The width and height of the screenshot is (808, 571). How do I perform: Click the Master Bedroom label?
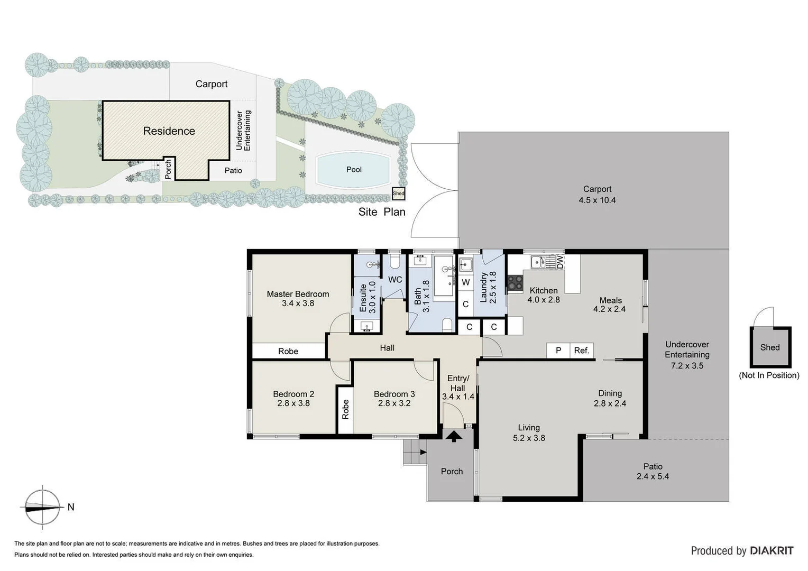tap(298, 294)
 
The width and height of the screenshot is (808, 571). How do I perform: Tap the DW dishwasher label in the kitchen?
tap(560, 262)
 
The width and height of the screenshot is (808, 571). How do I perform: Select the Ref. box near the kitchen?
tap(582, 350)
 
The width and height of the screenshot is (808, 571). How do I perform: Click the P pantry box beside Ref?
tap(558, 350)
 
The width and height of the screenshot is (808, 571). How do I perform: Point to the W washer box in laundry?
tap(465, 282)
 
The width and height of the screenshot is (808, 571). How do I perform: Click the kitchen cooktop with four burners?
tap(515, 283)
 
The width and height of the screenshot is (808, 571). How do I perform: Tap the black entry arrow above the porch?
tap(453, 436)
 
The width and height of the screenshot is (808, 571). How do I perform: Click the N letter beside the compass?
tap(71, 507)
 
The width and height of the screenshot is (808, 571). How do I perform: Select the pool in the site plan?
tap(354, 170)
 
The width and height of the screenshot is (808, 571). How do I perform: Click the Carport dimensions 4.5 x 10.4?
tap(597, 200)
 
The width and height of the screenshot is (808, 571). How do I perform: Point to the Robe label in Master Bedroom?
tap(288, 351)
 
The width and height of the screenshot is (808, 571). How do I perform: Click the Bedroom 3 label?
tap(394, 394)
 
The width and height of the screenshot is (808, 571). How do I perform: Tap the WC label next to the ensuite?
tap(395, 280)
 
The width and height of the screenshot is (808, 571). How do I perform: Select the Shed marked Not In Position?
tap(770, 347)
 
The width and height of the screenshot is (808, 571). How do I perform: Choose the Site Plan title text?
tap(382, 212)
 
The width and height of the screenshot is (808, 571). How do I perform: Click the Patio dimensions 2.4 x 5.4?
tap(653, 476)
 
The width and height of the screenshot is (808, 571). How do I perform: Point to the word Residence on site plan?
tap(169, 131)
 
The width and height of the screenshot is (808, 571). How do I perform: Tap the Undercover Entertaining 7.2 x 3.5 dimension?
tap(687, 365)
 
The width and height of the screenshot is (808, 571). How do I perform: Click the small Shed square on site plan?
tap(398, 194)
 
